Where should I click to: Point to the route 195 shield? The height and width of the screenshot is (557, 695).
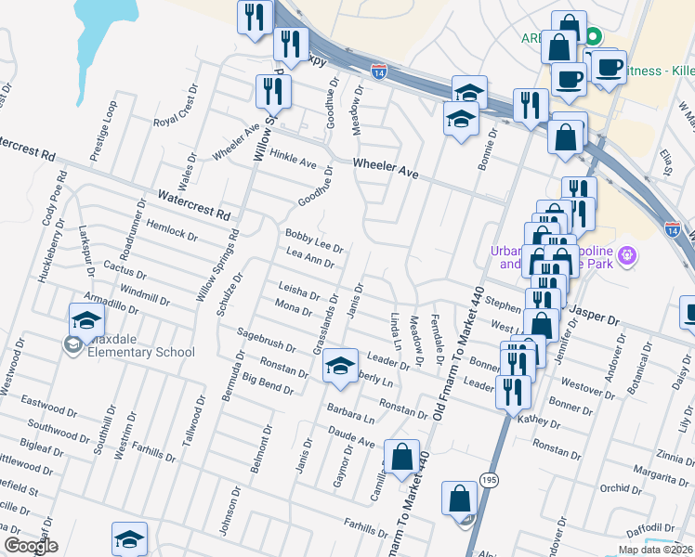[489, 479]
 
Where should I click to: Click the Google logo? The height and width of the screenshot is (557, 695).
[30, 546]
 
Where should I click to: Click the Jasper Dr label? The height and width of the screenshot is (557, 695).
[594, 317]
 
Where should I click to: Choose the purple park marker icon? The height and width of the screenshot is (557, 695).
[627, 253]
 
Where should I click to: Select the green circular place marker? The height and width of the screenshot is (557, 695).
[593, 37]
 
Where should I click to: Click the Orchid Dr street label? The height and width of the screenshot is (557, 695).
[621, 488]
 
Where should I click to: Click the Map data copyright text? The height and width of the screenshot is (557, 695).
[654, 550]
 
